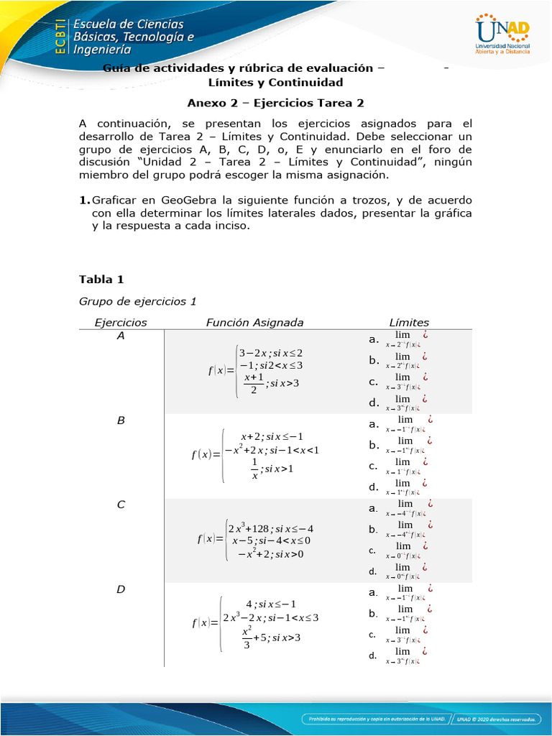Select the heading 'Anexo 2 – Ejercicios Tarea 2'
276,103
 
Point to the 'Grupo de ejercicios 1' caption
137,300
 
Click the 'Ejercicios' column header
121,323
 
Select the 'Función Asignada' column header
254,323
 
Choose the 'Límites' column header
408,323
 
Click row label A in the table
120,336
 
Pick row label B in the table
121,420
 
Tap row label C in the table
121,505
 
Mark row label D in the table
121,589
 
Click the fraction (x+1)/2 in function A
254,384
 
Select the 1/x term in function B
254,469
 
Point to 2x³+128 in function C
255,529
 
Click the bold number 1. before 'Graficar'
85,200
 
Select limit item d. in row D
372,655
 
